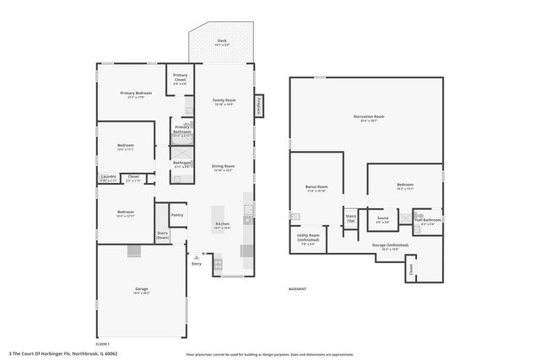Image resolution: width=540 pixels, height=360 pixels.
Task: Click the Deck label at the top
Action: (x=222, y=41)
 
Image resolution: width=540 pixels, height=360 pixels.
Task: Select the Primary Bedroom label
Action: (x=135, y=94)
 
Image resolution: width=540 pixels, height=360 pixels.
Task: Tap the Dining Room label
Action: (x=223, y=167)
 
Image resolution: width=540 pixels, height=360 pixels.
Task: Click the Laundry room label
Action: (x=107, y=177)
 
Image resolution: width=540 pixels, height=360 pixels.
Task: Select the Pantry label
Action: (x=177, y=214)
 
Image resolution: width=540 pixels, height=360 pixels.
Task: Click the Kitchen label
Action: (x=222, y=225)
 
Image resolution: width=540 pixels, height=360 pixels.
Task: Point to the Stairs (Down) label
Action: (x=163, y=235)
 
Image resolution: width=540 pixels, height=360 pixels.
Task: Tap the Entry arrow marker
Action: (x=196, y=256)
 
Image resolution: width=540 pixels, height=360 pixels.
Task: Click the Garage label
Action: (x=141, y=290)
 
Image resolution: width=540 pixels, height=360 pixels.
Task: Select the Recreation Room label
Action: (x=368, y=117)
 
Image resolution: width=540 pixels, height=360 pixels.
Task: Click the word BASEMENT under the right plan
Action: (x=297, y=289)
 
